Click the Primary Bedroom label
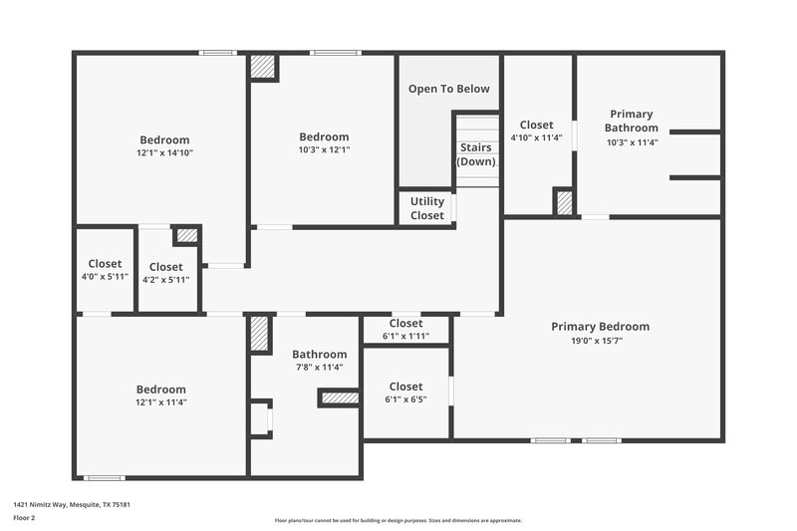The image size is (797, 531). tap(600, 327)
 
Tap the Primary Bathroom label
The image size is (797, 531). tap(632, 121)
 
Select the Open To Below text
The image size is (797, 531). tap(448, 89)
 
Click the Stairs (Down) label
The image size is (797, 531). tap(476, 154)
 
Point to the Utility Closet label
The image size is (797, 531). tap(427, 208)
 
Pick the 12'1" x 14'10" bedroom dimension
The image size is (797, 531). tap(164, 153)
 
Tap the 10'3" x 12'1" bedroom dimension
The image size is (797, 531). tap(324, 150)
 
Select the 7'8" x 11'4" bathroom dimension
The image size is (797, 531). tap(319, 368)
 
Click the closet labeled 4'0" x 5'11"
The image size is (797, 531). tap(105, 270)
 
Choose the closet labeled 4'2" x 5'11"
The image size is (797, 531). tap(165, 273)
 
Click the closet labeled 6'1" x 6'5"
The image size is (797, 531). tap(405, 393)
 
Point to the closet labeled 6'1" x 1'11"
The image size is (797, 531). tap(405, 330)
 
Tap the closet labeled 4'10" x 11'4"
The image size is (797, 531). tap(536, 131)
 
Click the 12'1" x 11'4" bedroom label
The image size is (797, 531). tap(161, 396)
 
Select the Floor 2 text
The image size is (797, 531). tap(24, 519)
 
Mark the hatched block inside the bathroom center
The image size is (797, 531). tap(340, 398)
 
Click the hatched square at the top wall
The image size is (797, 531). tap(263, 67)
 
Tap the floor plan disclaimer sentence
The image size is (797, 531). tap(398, 520)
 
